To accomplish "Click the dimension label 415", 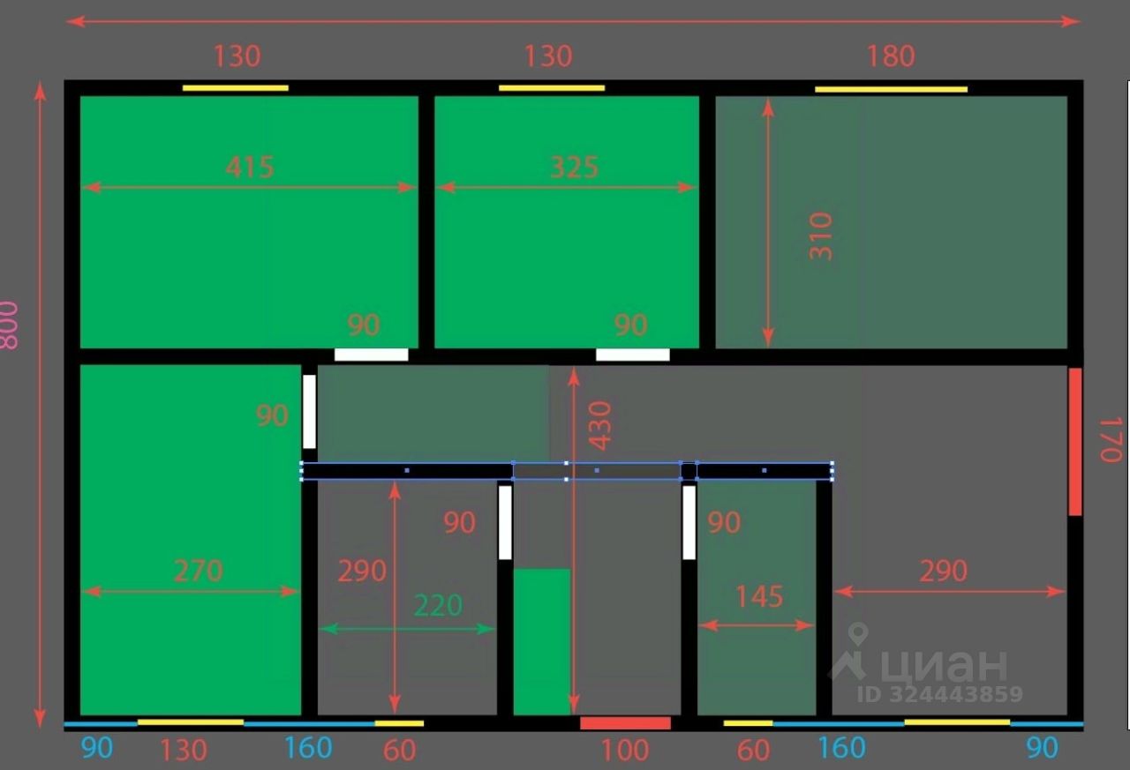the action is click(250, 167).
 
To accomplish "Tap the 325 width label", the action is click(574, 167).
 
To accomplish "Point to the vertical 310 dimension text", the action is click(821, 235).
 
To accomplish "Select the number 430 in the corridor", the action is click(600, 425).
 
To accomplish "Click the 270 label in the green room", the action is click(198, 571).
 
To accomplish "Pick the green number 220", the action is click(439, 606).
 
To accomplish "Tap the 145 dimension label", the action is click(759, 597).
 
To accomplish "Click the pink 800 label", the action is click(8, 325).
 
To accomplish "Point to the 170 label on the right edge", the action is click(1110, 438).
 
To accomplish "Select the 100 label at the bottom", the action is click(625, 751).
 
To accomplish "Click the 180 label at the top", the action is click(891, 56).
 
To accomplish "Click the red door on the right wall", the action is click(1074, 441).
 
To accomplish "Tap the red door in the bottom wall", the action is click(625, 723).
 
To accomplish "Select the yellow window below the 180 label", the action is click(891, 89).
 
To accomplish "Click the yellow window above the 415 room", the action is click(236, 87).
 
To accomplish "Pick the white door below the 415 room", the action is click(372, 355).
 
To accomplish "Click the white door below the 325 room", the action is click(632, 355).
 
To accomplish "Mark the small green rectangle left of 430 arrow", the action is click(542, 641).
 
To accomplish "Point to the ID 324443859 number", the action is click(939, 694).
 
